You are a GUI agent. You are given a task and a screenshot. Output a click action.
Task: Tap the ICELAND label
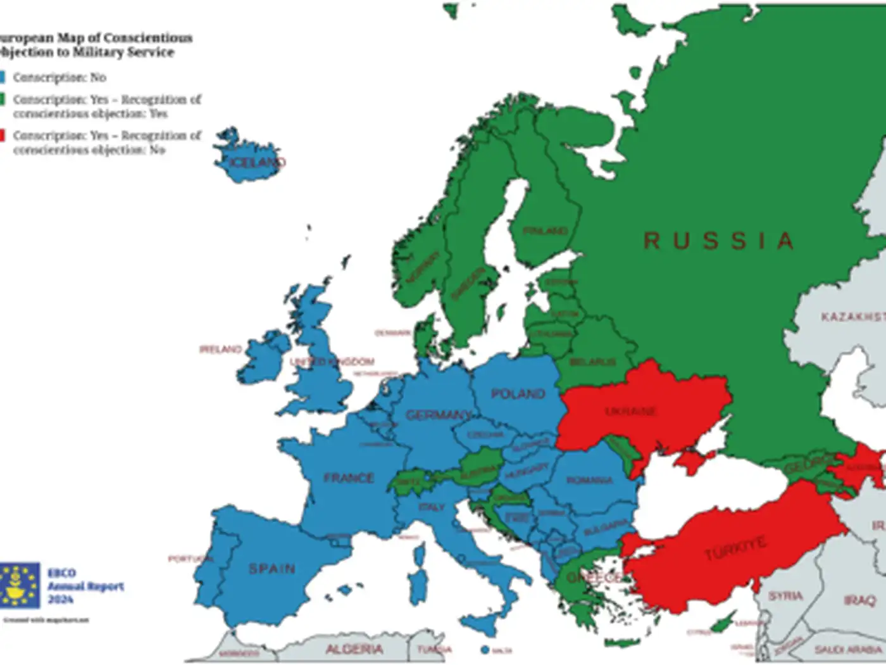point(256,163)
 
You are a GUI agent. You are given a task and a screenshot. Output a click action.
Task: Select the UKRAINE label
point(631,412)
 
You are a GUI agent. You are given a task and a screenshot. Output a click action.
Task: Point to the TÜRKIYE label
point(735,547)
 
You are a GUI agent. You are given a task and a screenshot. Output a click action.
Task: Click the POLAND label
point(518,394)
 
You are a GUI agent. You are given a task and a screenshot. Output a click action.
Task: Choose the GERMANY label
point(438,415)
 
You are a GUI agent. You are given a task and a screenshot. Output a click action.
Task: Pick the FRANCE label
point(349,478)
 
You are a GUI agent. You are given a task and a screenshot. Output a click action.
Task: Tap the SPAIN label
point(271,569)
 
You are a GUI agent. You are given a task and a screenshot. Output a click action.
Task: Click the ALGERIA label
point(354,649)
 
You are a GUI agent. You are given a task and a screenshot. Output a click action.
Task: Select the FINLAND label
point(545,231)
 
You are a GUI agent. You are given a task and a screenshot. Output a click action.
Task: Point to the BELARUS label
point(592,362)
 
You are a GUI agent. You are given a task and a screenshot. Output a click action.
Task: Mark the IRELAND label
point(220,349)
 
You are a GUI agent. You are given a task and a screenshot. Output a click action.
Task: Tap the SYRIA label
point(785,596)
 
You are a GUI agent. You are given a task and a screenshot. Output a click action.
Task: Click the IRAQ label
point(859,600)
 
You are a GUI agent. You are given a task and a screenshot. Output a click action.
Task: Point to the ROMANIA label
point(589,481)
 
